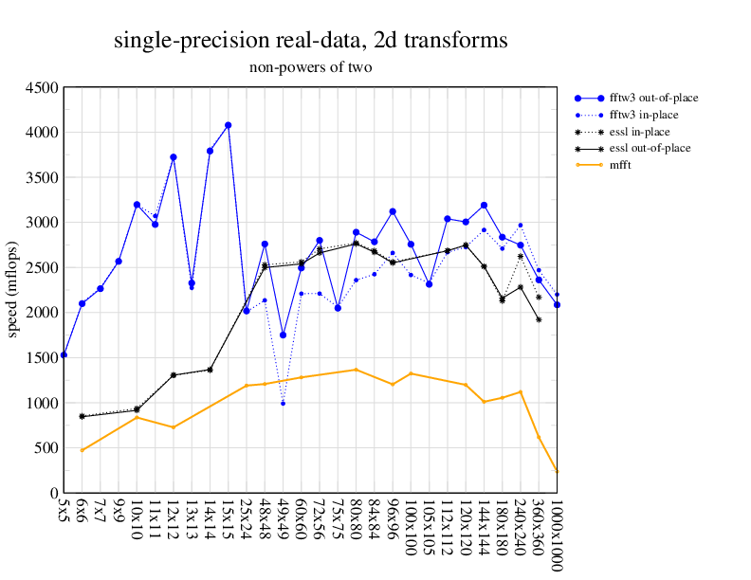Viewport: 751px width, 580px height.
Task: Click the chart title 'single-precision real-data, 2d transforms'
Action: pos(310,41)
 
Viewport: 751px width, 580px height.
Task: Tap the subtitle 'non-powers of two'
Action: pos(310,67)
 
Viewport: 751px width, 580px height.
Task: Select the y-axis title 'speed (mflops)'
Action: pos(14,290)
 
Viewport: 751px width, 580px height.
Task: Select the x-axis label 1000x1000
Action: pos(557,535)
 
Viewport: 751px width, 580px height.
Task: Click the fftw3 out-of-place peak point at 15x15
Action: pos(229,125)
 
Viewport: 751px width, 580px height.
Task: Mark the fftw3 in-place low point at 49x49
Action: pos(284,404)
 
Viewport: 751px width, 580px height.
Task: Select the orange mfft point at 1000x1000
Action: pos(557,471)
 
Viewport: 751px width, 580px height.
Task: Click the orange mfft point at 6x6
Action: pos(82,450)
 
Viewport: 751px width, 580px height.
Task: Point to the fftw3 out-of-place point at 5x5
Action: pos(64,354)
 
